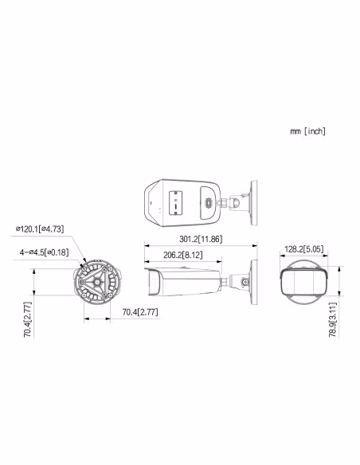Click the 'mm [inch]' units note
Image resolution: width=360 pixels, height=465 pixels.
(x=307, y=131)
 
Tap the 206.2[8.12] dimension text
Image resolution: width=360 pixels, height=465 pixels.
(x=181, y=255)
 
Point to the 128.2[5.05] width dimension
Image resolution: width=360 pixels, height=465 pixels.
(x=303, y=249)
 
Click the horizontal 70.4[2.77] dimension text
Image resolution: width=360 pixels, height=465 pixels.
(x=140, y=311)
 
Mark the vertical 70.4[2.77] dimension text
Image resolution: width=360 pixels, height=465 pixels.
(x=27, y=318)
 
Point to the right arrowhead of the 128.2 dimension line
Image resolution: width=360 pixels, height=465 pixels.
(x=325, y=258)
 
